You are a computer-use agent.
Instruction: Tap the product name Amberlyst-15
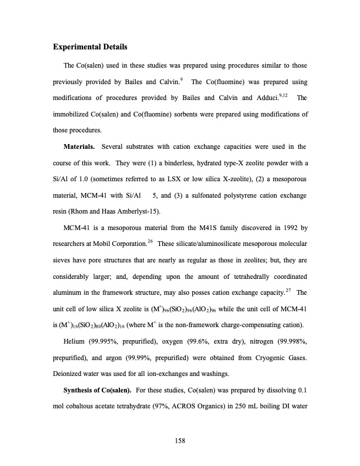(x=141, y=211)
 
